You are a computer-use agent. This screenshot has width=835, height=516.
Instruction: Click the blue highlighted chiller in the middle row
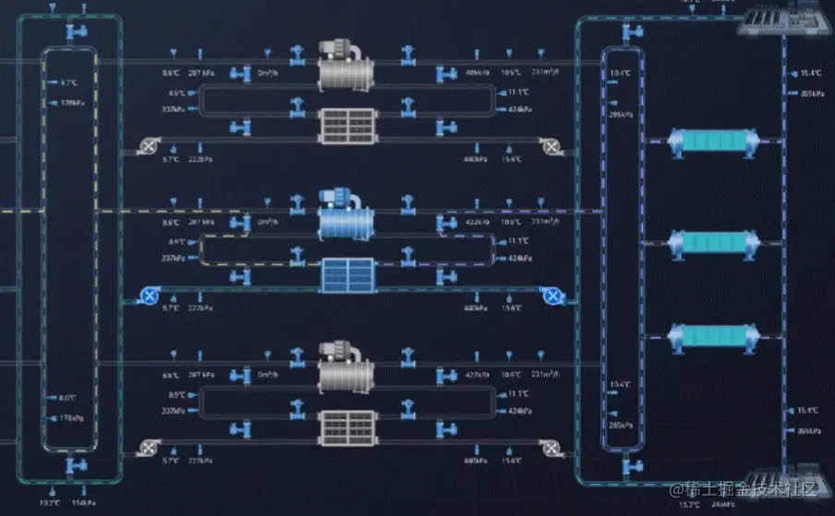click(x=346, y=213)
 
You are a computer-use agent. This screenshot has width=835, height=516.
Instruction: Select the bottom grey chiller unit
click(x=346, y=366)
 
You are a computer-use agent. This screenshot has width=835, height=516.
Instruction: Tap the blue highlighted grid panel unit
click(x=347, y=274)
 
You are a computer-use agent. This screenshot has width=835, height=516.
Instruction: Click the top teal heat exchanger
click(x=713, y=143)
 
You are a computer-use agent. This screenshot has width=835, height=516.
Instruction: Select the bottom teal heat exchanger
click(x=713, y=337)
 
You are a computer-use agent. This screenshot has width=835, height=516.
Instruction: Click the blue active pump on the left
click(x=146, y=295)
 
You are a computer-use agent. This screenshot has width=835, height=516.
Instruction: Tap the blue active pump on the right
click(x=552, y=295)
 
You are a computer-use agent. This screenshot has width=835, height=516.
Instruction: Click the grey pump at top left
click(x=146, y=145)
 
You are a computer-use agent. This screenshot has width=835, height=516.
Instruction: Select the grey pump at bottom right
click(x=551, y=449)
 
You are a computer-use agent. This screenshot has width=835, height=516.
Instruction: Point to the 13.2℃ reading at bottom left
click(x=50, y=503)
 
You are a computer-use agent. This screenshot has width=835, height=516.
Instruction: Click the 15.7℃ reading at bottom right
click(x=690, y=505)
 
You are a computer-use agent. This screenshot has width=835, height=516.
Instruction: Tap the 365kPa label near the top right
click(x=810, y=93)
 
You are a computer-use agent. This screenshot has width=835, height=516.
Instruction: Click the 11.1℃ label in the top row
click(x=518, y=92)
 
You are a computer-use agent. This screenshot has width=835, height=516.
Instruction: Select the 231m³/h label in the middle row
click(x=545, y=222)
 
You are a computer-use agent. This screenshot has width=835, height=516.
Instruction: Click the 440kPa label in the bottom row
click(x=476, y=460)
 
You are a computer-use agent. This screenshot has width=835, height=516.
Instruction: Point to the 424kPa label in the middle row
click(x=518, y=258)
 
